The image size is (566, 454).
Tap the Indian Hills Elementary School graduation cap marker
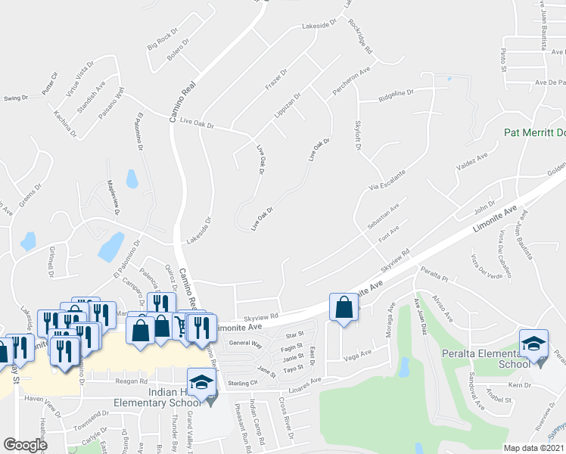pyautogui.click(x=201, y=383)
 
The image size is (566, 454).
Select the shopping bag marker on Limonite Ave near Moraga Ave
pyautogui.click(x=344, y=307)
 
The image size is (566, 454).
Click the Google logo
pyautogui.click(x=25, y=445)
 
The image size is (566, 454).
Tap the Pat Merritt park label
pyautogui.click(x=535, y=132)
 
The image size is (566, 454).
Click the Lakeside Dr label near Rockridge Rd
pyautogui.click(x=318, y=26)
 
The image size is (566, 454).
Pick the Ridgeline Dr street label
pyautogui.click(x=396, y=93)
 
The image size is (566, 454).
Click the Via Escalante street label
pyautogui.click(x=387, y=177)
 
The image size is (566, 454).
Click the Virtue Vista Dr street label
pyautogui.click(x=79, y=78)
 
